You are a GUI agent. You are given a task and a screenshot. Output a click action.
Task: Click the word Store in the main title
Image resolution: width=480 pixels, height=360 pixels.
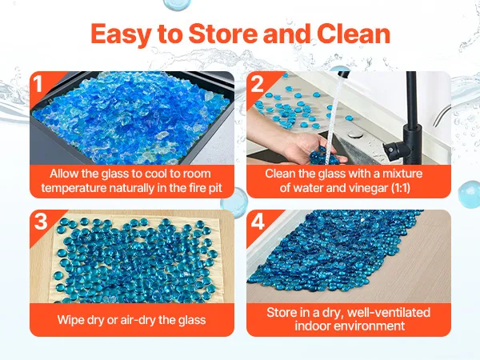[223, 34]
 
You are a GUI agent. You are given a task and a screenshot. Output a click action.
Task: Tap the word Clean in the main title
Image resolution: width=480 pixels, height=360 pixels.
[354, 34]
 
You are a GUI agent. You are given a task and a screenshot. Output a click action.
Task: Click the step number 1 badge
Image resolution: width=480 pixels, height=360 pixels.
[38, 83]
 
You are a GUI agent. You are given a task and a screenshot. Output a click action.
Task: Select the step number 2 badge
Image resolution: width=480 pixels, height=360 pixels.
[257, 83]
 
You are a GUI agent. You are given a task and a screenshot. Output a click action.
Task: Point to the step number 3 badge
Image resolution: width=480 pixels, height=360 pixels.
[41, 221]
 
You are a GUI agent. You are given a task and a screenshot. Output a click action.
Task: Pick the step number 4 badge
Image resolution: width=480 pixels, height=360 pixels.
[258, 222]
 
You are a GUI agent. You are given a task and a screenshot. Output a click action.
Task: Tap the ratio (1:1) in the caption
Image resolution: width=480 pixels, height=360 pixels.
[401, 188]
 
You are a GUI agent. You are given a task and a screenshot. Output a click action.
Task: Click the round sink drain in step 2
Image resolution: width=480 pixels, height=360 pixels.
[355, 134]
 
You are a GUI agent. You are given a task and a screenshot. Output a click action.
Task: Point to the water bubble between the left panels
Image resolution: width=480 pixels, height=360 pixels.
[234, 202]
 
